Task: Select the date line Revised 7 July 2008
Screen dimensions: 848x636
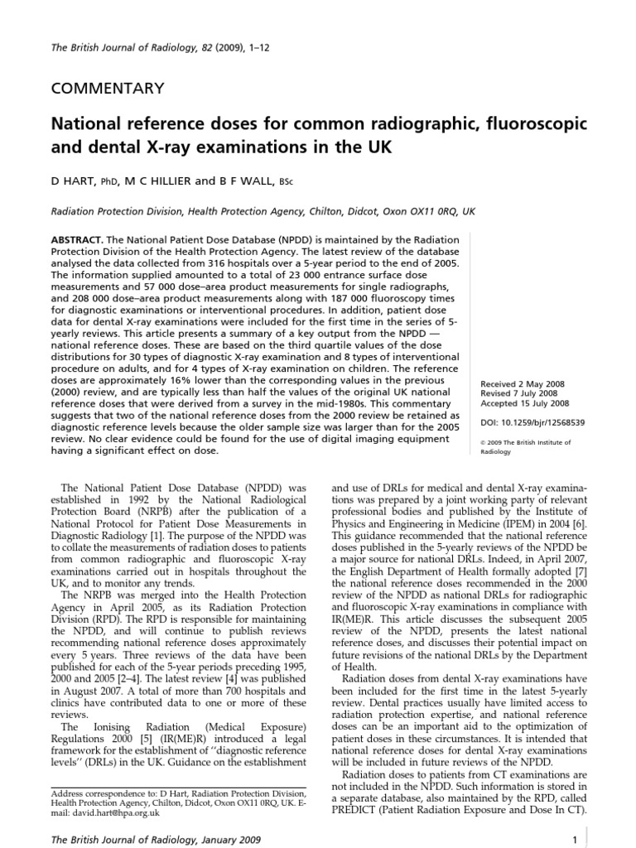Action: click(x=520, y=394)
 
